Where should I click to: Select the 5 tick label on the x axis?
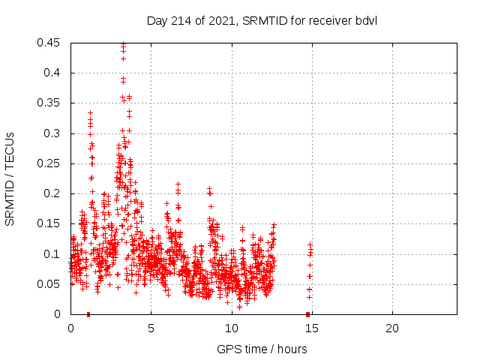tap(151, 329)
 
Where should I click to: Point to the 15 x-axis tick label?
tap(311, 329)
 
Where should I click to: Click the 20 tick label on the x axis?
tap(391, 329)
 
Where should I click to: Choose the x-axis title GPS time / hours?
tap(262, 349)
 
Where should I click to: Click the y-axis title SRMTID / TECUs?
tap(10, 178)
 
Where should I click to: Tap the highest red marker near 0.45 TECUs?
tap(123, 43)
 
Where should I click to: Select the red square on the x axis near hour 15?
tap(307, 313)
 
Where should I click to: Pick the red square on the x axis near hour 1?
tap(88, 313)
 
